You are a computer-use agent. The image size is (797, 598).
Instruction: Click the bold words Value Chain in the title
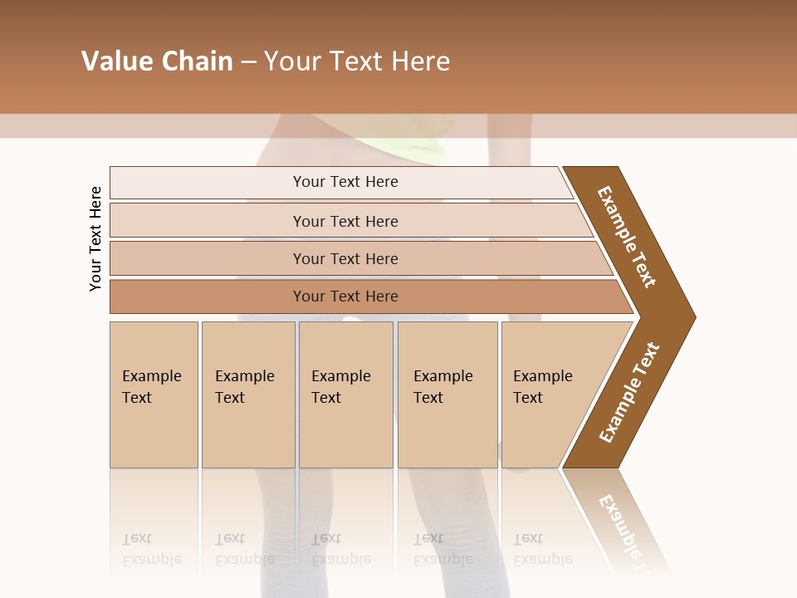[x=157, y=61]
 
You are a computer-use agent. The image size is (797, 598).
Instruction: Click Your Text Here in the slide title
[x=357, y=61]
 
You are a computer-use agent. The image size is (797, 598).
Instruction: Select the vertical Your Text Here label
[x=95, y=239]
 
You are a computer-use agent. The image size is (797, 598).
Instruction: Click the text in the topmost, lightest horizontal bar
[x=345, y=182]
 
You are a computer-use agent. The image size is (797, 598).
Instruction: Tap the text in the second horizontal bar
[x=345, y=222]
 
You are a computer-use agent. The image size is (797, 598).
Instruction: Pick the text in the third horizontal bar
[x=345, y=259]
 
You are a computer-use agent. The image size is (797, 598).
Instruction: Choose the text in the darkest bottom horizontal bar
[x=345, y=297]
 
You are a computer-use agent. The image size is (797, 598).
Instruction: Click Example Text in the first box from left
[x=151, y=387]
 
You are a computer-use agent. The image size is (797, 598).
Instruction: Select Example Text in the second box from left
[x=244, y=387]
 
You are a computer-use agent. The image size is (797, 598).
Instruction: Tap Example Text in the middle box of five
[x=340, y=387]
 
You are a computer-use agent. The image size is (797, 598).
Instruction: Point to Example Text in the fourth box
[x=443, y=387]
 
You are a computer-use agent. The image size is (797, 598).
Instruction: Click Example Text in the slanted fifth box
[x=542, y=387]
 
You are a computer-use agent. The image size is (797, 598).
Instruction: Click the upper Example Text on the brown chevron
[x=627, y=237]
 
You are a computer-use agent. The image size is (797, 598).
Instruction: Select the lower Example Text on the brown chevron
[x=629, y=393]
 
